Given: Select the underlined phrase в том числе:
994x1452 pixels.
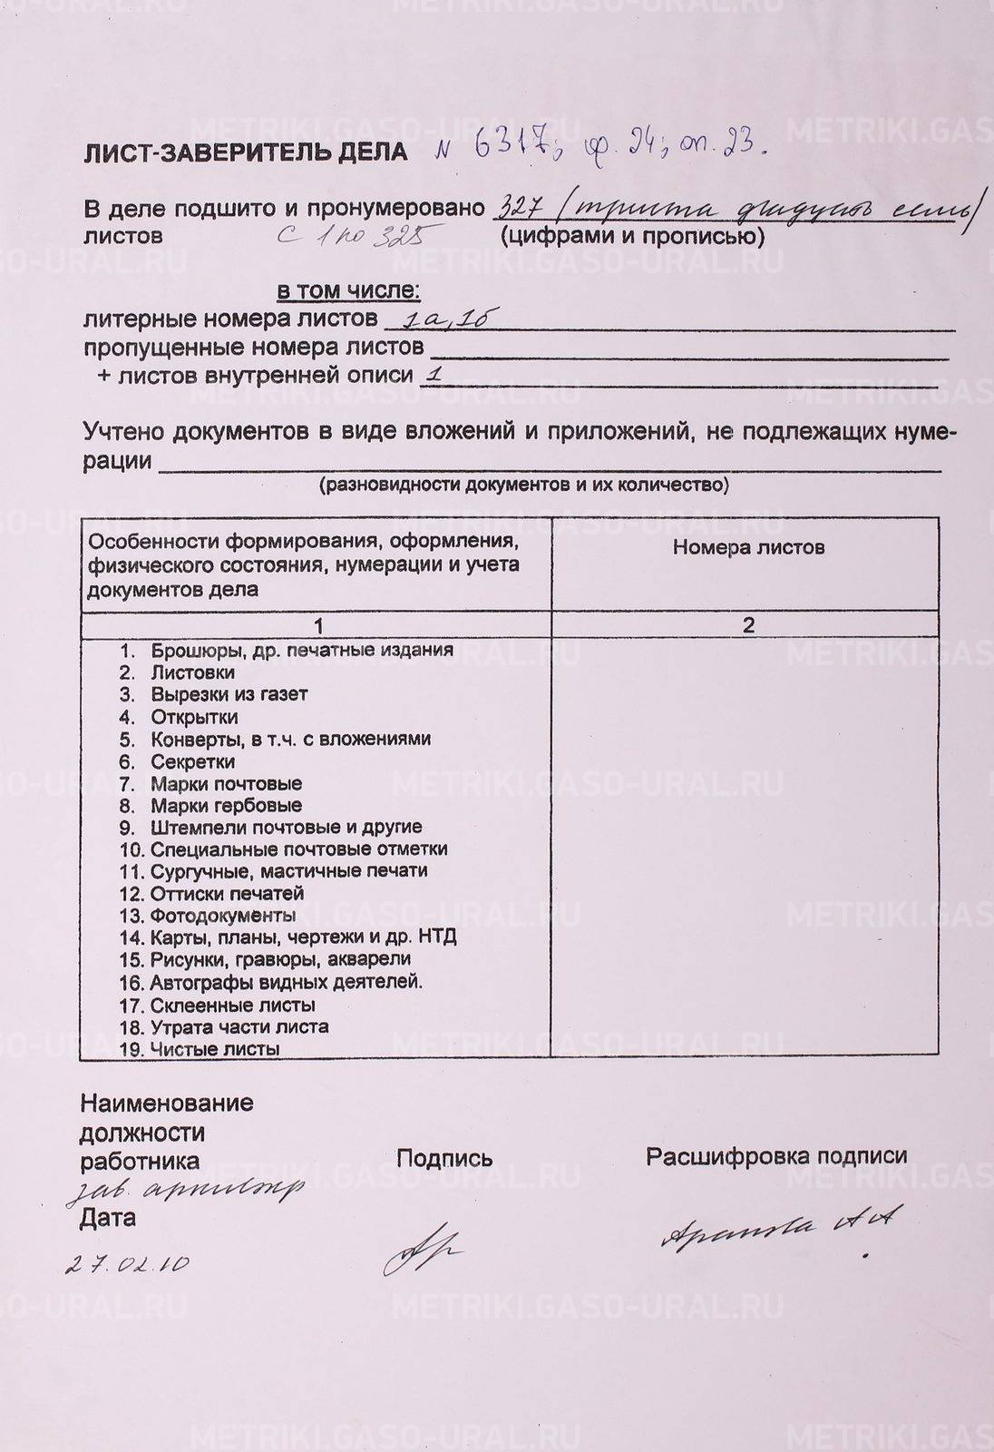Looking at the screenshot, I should point(348,291).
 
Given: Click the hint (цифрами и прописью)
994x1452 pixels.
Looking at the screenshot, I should point(630,236).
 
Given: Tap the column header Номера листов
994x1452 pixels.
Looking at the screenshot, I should point(748,547).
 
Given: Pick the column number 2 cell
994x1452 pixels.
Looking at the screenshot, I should point(748,625).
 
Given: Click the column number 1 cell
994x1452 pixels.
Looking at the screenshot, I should point(317,625).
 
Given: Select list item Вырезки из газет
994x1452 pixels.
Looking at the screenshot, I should point(229,694).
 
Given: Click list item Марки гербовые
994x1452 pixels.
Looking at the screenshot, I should point(226,805).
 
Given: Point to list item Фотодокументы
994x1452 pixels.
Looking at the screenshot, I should point(222,915).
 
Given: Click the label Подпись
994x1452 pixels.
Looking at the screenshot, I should point(444,1158).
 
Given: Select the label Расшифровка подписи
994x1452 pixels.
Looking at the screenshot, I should point(776,1156).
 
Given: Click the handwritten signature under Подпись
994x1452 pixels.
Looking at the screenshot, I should point(422,1252).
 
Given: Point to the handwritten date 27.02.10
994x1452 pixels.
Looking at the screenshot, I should point(127,1264).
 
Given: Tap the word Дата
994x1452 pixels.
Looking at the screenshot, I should point(108,1218).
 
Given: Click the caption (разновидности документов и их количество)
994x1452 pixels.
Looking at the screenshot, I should point(523,485).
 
